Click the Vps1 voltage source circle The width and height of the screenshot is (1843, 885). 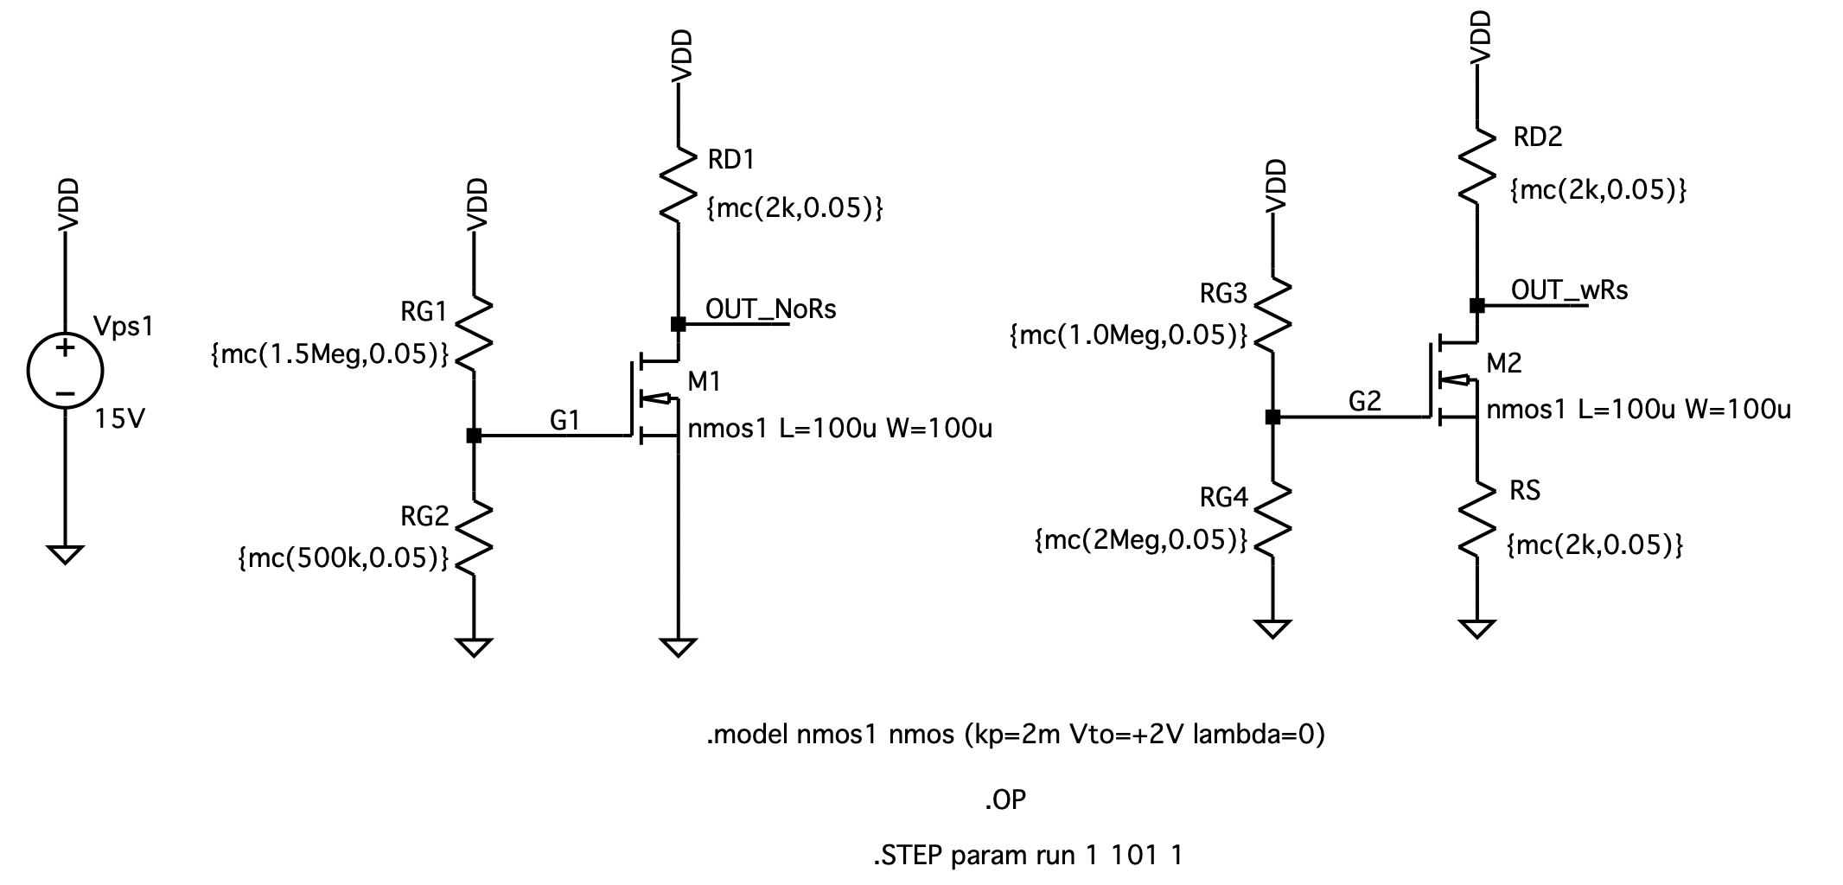click(65, 371)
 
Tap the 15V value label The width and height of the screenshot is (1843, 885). click(120, 420)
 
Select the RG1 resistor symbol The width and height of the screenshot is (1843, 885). click(474, 334)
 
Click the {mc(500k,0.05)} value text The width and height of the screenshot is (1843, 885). click(343, 558)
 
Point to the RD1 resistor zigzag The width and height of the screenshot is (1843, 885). click(679, 184)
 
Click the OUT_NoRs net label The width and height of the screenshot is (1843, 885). click(770, 309)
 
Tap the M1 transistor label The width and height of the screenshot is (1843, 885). click(704, 381)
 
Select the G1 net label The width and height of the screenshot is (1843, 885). click(564, 421)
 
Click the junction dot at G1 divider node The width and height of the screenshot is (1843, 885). click(474, 436)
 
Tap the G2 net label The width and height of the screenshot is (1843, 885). click(1365, 401)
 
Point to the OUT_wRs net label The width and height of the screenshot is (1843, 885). click(1569, 290)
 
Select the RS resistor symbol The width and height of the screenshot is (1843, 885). click(1476, 517)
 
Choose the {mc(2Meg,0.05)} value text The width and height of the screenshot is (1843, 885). click(1141, 540)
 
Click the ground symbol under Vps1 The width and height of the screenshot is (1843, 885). click(65, 553)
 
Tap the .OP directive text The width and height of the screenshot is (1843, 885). click(1004, 800)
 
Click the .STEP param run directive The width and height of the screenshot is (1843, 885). click(1027, 856)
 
